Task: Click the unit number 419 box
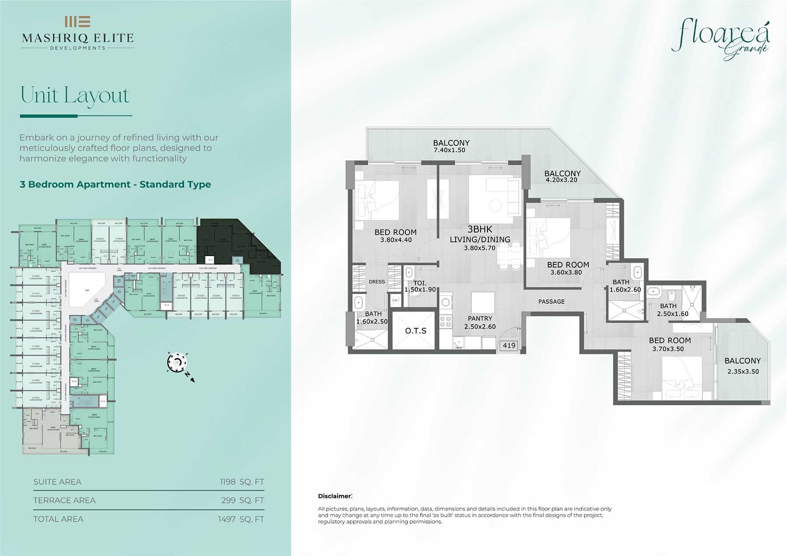coord(509,345)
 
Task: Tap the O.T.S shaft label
coord(415,331)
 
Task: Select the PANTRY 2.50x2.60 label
coord(480,323)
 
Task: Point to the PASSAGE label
coord(551,302)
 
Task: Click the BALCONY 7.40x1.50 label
coord(451,146)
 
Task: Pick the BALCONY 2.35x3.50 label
coord(742,366)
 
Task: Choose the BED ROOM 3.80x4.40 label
coord(395,236)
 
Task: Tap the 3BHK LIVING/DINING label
coord(480,238)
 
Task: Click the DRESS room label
coord(376,282)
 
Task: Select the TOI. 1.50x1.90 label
coord(420,286)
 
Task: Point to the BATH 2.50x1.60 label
coord(672,310)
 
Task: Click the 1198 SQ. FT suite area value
coord(242,482)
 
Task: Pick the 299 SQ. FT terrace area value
coord(242,500)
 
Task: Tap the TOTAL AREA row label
coord(58,519)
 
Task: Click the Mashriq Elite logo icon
coord(77,21)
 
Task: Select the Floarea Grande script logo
coord(721,38)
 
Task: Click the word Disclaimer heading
coord(334,496)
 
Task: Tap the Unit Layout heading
coord(75,95)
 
